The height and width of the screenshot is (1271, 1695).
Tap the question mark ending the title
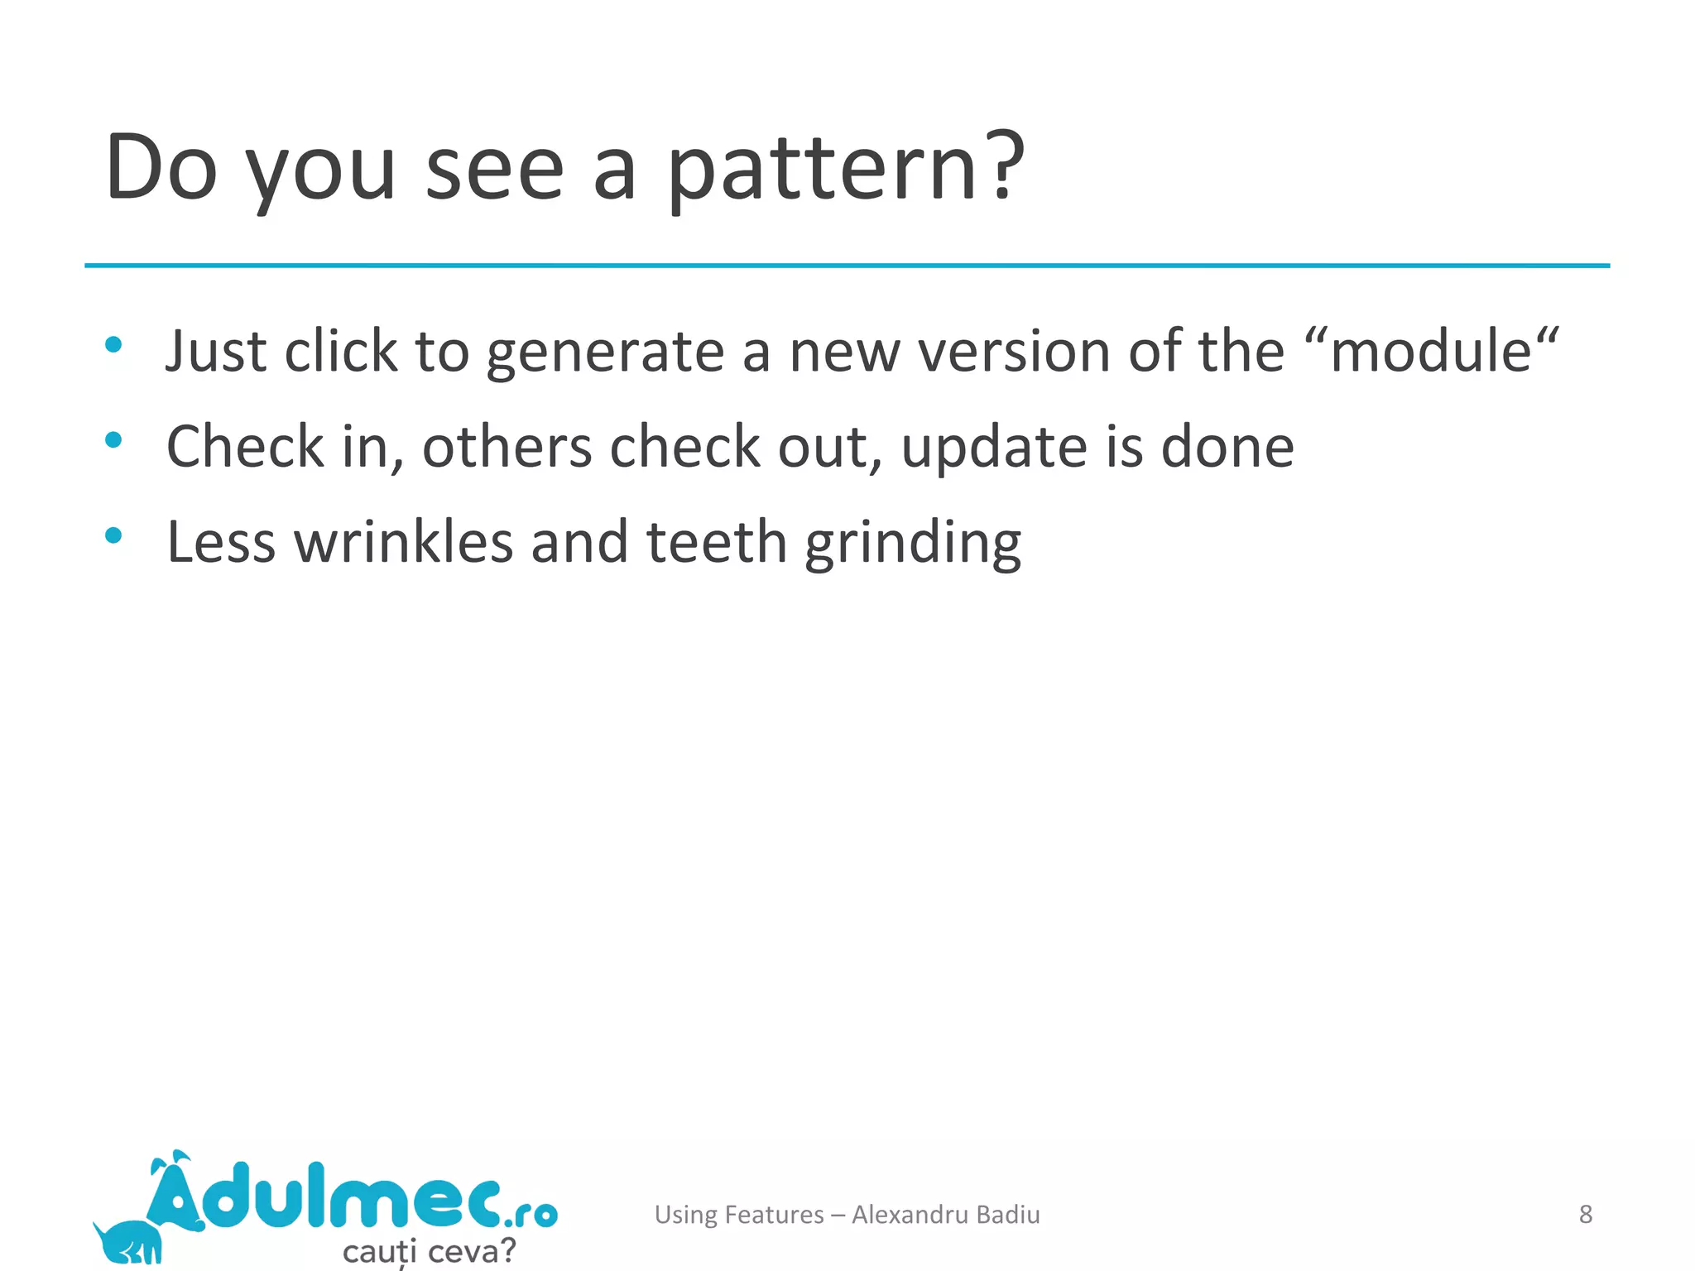[1003, 165]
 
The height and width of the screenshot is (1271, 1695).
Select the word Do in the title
[161, 168]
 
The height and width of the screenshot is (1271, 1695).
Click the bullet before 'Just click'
[114, 344]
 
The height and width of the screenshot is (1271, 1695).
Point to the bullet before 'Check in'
[114, 440]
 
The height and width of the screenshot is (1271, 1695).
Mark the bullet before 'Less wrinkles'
[114, 535]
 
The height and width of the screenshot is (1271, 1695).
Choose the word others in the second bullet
[507, 447]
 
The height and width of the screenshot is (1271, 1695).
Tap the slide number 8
[1585, 1214]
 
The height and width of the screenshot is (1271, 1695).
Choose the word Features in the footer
[774, 1214]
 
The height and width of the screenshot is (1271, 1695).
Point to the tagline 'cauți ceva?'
[429, 1250]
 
